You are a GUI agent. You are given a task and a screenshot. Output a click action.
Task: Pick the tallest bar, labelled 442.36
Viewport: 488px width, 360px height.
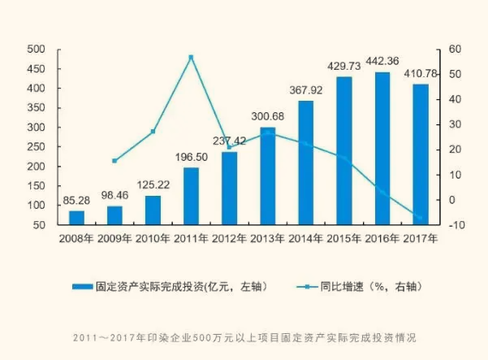click(382, 148)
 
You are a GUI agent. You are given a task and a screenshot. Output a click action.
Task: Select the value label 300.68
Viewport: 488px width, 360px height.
click(267, 115)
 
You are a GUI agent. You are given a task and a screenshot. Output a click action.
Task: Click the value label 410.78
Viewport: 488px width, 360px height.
click(420, 75)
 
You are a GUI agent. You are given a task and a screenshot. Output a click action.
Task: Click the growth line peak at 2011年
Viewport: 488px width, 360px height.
click(191, 57)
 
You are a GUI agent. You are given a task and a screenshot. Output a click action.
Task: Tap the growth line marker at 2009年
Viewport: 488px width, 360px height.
click(114, 161)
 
